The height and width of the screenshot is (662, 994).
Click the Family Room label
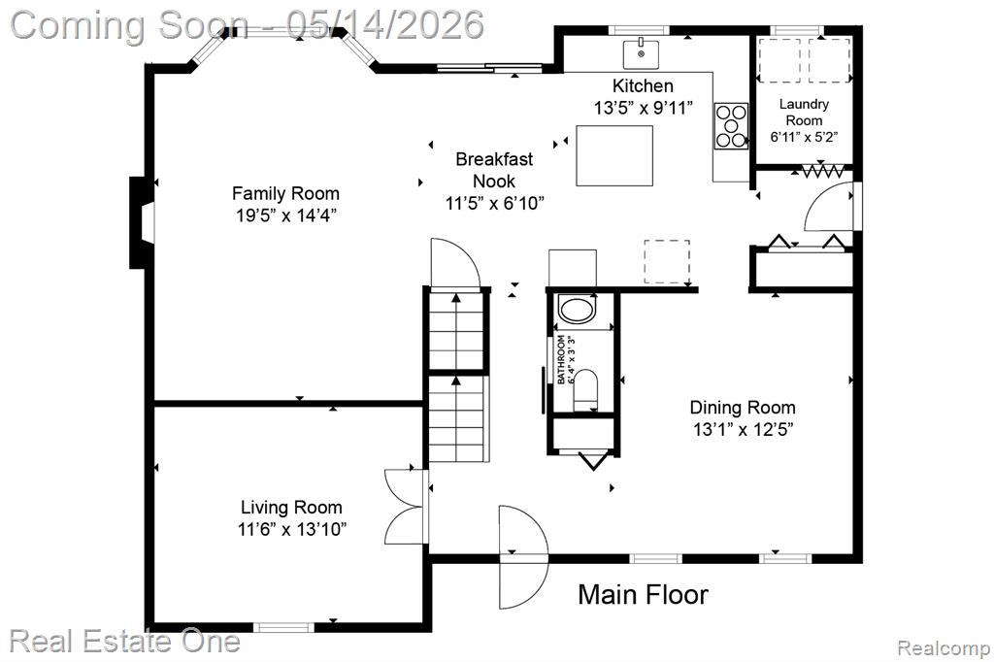coord(285,193)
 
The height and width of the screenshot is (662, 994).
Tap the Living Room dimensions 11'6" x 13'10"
coord(292,529)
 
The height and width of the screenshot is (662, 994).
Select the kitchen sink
coord(641,53)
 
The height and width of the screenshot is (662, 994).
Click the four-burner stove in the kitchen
coord(731,126)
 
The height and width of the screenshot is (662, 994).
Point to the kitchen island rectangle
coord(614,155)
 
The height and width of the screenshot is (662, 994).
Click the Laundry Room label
coord(804,112)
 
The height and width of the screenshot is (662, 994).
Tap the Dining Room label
coord(743,407)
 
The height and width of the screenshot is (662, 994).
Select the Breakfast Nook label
coord(494,170)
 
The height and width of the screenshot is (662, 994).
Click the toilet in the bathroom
coord(585,390)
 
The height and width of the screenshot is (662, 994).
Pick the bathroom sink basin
coord(577,311)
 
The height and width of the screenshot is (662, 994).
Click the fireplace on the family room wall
coord(142,222)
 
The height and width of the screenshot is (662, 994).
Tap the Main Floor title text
coord(643,595)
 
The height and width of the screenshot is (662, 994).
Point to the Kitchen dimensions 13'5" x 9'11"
coord(643,108)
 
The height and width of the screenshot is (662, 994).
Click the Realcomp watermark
coord(944,648)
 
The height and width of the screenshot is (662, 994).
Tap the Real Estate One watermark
coord(124,641)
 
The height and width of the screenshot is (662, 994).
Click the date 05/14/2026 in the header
coord(384,24)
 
